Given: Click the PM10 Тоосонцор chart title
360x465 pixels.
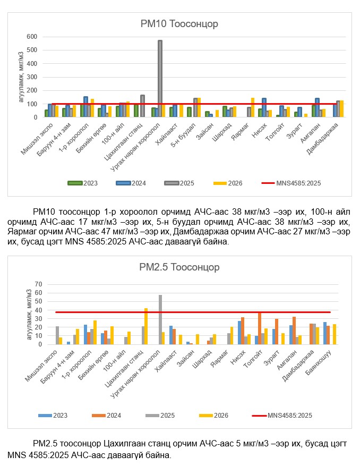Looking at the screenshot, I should click(x=179, y=24).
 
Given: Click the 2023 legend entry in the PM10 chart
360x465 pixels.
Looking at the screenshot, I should click(x=83, y=183).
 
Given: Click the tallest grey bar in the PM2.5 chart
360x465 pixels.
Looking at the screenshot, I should click(x=160, y=319).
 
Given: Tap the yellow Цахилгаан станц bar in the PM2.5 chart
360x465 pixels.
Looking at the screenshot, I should click(x=146, y=326).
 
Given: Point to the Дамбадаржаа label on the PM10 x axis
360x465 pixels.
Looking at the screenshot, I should click(x=324, y=136).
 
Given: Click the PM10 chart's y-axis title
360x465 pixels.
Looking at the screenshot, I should click(x=21, y=77).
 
